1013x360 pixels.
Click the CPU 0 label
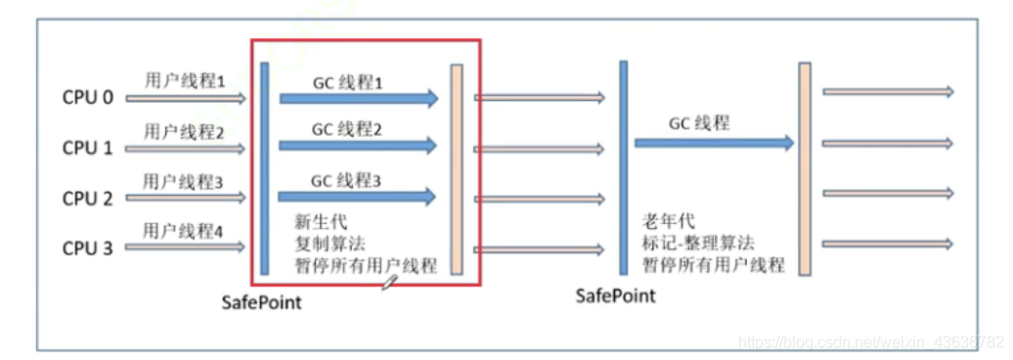(x=88, y=98)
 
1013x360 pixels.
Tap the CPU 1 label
(x=88, y=149)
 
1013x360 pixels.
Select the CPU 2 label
(x=88, y=199)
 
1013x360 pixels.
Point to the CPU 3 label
(x=88, y=248)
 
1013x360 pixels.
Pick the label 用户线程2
(x=185, y=131)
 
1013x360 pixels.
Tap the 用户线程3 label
(x=185, y=182)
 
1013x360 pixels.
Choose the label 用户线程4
(x=185, y=231)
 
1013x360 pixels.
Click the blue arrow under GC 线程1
(x=358, y=98)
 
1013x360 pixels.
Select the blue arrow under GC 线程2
(x=358, y=146)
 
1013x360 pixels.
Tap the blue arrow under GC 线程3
(x=358, y=198)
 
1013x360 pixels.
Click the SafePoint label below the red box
(x=261, y=302)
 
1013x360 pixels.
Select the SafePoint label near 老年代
(x=615, y=295)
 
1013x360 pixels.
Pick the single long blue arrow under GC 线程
(x=714, y=143)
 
